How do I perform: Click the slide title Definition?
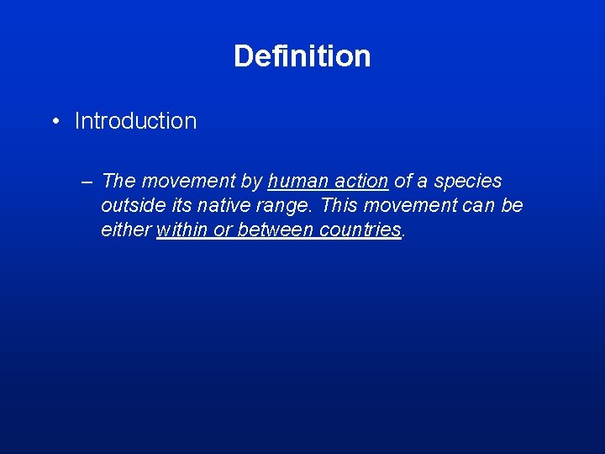coord(302,56)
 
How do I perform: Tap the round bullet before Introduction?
coord(55,121)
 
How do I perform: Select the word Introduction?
coord(135,121)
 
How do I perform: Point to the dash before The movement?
coord(88,182)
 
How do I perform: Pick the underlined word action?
coord(360,182)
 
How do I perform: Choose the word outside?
coord(130,206)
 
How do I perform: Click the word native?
coord(223,206)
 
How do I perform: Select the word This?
coord(339,206)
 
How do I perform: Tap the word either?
coord(126,230)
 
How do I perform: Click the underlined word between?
coord(276,230)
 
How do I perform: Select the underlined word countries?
coord(360,230)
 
